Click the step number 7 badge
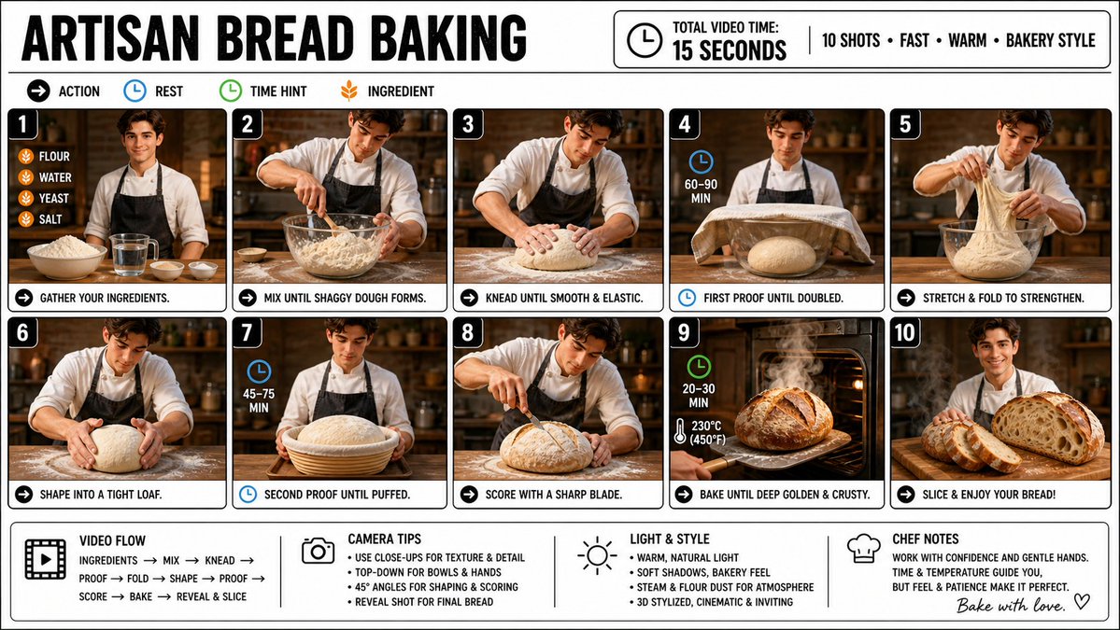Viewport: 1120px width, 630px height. click(248, 333)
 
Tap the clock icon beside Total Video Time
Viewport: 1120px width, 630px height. click(645, 40)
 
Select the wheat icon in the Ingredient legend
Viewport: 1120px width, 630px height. click(349, 91)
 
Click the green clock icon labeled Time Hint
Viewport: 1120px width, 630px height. click(231, 91)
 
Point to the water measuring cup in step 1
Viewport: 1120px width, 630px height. click(134, 255)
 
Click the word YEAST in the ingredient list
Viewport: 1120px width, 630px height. click(54, 199)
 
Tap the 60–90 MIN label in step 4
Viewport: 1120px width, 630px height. click(701, 190)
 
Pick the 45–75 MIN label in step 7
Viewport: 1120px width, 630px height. click(259, 400)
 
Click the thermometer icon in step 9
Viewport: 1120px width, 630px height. click(679, 431)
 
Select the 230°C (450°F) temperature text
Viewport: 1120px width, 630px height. click(708, 432)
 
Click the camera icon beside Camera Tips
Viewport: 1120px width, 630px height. click(318, 550)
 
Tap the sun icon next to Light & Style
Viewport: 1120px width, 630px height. click(597, 555)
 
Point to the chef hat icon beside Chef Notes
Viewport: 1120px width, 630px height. click(863, 549)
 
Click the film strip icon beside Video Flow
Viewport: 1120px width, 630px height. click(46, 559)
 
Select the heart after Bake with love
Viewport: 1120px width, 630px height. click(1082, 601)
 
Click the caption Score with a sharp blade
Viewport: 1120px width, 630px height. click(554, 495)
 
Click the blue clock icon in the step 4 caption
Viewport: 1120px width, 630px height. click(687, 298)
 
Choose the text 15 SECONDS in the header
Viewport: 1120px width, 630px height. click(730, 50)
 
